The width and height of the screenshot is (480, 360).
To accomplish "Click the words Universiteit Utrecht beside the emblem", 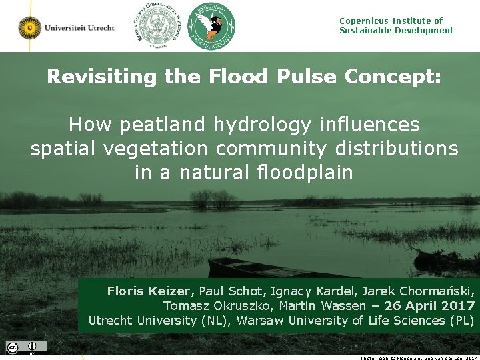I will [79, 27].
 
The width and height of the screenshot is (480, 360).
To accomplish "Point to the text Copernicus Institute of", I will [391, 21].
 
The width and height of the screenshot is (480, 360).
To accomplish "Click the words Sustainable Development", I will [396, 31].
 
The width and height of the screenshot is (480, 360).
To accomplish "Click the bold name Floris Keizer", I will [149, 291].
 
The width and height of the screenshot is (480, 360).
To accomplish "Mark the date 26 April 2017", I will [429, 306].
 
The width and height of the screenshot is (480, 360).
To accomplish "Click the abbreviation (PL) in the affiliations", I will [461, 321].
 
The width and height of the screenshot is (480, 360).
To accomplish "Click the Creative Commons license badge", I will [27, 347].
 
